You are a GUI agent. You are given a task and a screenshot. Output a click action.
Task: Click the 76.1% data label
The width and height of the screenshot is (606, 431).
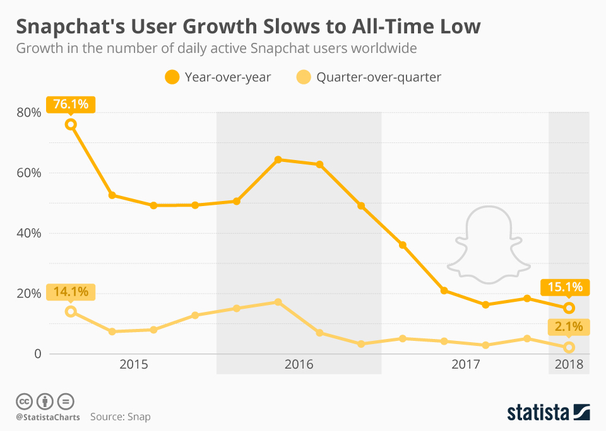[x=70, y=104]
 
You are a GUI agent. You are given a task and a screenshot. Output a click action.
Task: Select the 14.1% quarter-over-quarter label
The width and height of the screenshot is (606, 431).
[x=70, y=292]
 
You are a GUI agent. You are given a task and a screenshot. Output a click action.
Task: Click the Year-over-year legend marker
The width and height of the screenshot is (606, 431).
[x=172, y=78]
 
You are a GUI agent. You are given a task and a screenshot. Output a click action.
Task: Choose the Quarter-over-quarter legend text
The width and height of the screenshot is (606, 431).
[x=379, y=78]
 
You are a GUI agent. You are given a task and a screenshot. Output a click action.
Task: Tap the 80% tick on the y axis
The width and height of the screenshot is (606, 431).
[x=29, y=113]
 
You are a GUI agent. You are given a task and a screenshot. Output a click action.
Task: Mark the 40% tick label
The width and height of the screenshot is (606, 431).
[x=29, y=233]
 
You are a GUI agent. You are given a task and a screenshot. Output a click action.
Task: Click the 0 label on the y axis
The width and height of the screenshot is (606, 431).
[x=37, y=354]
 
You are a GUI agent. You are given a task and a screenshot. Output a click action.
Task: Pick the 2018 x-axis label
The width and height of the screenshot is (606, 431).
[x=569, y=365]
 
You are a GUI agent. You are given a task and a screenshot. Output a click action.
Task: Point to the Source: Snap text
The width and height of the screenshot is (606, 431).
[x=121, y=417]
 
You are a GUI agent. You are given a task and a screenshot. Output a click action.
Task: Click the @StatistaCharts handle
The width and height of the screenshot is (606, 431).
[x=47, y=417]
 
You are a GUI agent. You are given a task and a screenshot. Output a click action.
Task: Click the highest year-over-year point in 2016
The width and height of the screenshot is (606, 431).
[x=278, y=159]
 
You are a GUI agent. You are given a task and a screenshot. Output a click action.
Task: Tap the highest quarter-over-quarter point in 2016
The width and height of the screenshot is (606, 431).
[x=278, y=302]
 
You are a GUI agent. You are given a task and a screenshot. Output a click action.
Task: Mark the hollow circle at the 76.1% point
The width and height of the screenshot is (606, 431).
[x=71, y=124]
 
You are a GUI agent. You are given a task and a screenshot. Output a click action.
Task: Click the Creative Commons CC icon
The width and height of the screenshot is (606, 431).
[x=24, y=401]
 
